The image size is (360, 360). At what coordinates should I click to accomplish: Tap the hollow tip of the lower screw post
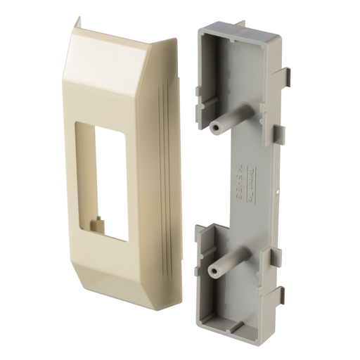(x=213, y=270)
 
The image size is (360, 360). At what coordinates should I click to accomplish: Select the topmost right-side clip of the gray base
(x=287, y=78)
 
